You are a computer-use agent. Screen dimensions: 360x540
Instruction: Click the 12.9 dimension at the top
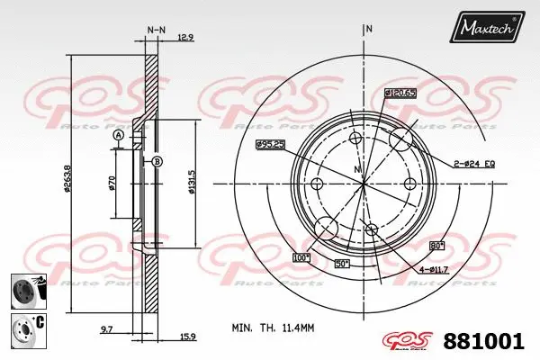pos(186,37)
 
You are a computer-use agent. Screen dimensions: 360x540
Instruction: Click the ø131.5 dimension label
pos(192,184)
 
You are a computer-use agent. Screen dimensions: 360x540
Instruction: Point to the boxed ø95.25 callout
pos(271,144)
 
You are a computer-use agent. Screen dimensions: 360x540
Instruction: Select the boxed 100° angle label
pos(300,258)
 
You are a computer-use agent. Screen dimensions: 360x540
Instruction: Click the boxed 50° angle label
pos(343,263)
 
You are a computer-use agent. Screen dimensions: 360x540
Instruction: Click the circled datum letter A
pos(118,135)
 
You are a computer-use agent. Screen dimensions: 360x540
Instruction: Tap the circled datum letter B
pos(156,161)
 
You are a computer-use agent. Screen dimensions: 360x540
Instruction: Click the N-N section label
pos(156,30)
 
